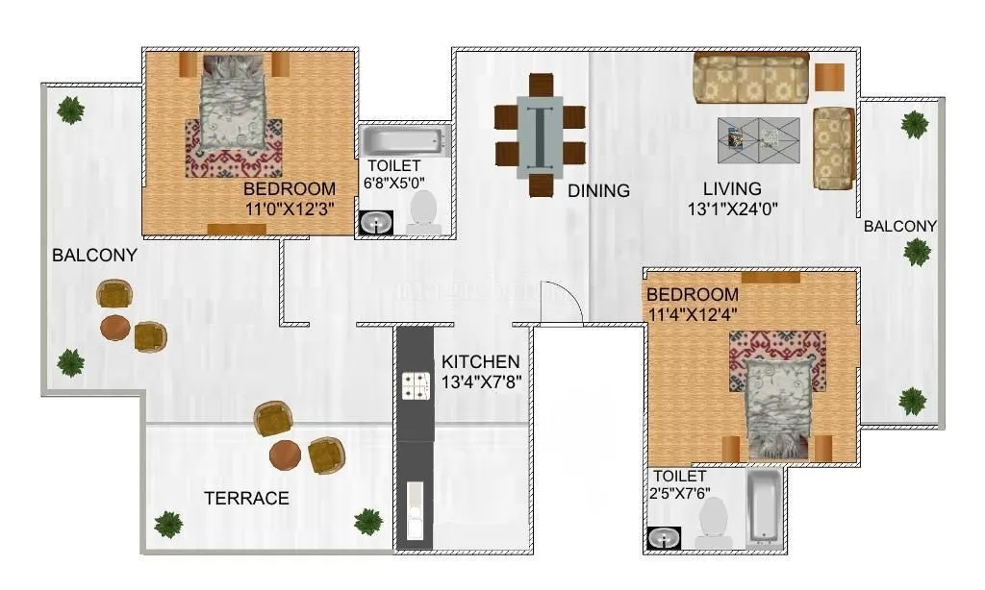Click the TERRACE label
(x=246, y=498)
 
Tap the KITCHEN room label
(x=480, y=362)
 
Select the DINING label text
(x=598, y=190)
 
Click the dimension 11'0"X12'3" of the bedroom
(x=289, y=207)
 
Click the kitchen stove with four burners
(x=415, y=386)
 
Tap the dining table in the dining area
(x=540, y=135)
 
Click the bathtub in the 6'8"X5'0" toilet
(x=403, y=142)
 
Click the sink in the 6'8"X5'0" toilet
(x=373, y=223)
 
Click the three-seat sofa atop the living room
(x=750, y=78)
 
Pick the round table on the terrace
(x=286, y=455)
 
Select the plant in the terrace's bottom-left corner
(x=168, y=524)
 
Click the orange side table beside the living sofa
(x=829, y=77)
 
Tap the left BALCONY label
(x=94, y=256)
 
